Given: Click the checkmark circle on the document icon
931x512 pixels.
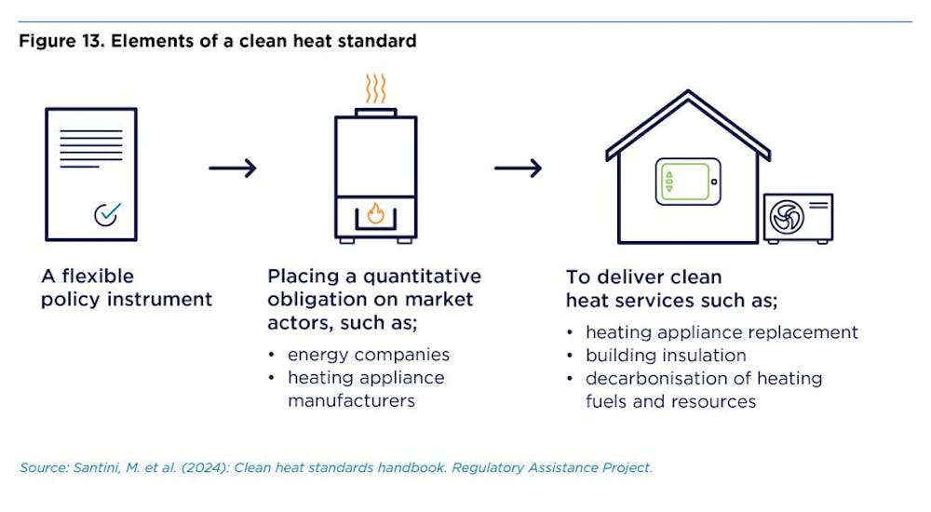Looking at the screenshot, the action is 105,214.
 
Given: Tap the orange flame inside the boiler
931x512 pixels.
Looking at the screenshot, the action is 375,213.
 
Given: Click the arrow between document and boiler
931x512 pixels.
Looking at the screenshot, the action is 232,168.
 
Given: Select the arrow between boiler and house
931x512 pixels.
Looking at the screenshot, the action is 518,168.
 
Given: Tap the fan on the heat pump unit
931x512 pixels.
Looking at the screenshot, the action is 787,218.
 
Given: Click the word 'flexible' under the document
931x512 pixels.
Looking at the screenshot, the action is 98,276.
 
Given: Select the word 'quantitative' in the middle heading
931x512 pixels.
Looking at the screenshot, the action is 422,276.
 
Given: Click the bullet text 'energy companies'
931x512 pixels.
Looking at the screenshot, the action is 369,356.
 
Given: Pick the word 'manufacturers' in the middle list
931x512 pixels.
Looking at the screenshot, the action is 352,401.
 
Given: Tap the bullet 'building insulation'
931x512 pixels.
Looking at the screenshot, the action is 666,356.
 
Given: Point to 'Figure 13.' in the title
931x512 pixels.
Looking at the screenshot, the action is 61,42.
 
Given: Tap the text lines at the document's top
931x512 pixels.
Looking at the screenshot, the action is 91,149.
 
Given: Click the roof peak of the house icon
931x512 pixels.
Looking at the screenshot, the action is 688,92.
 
